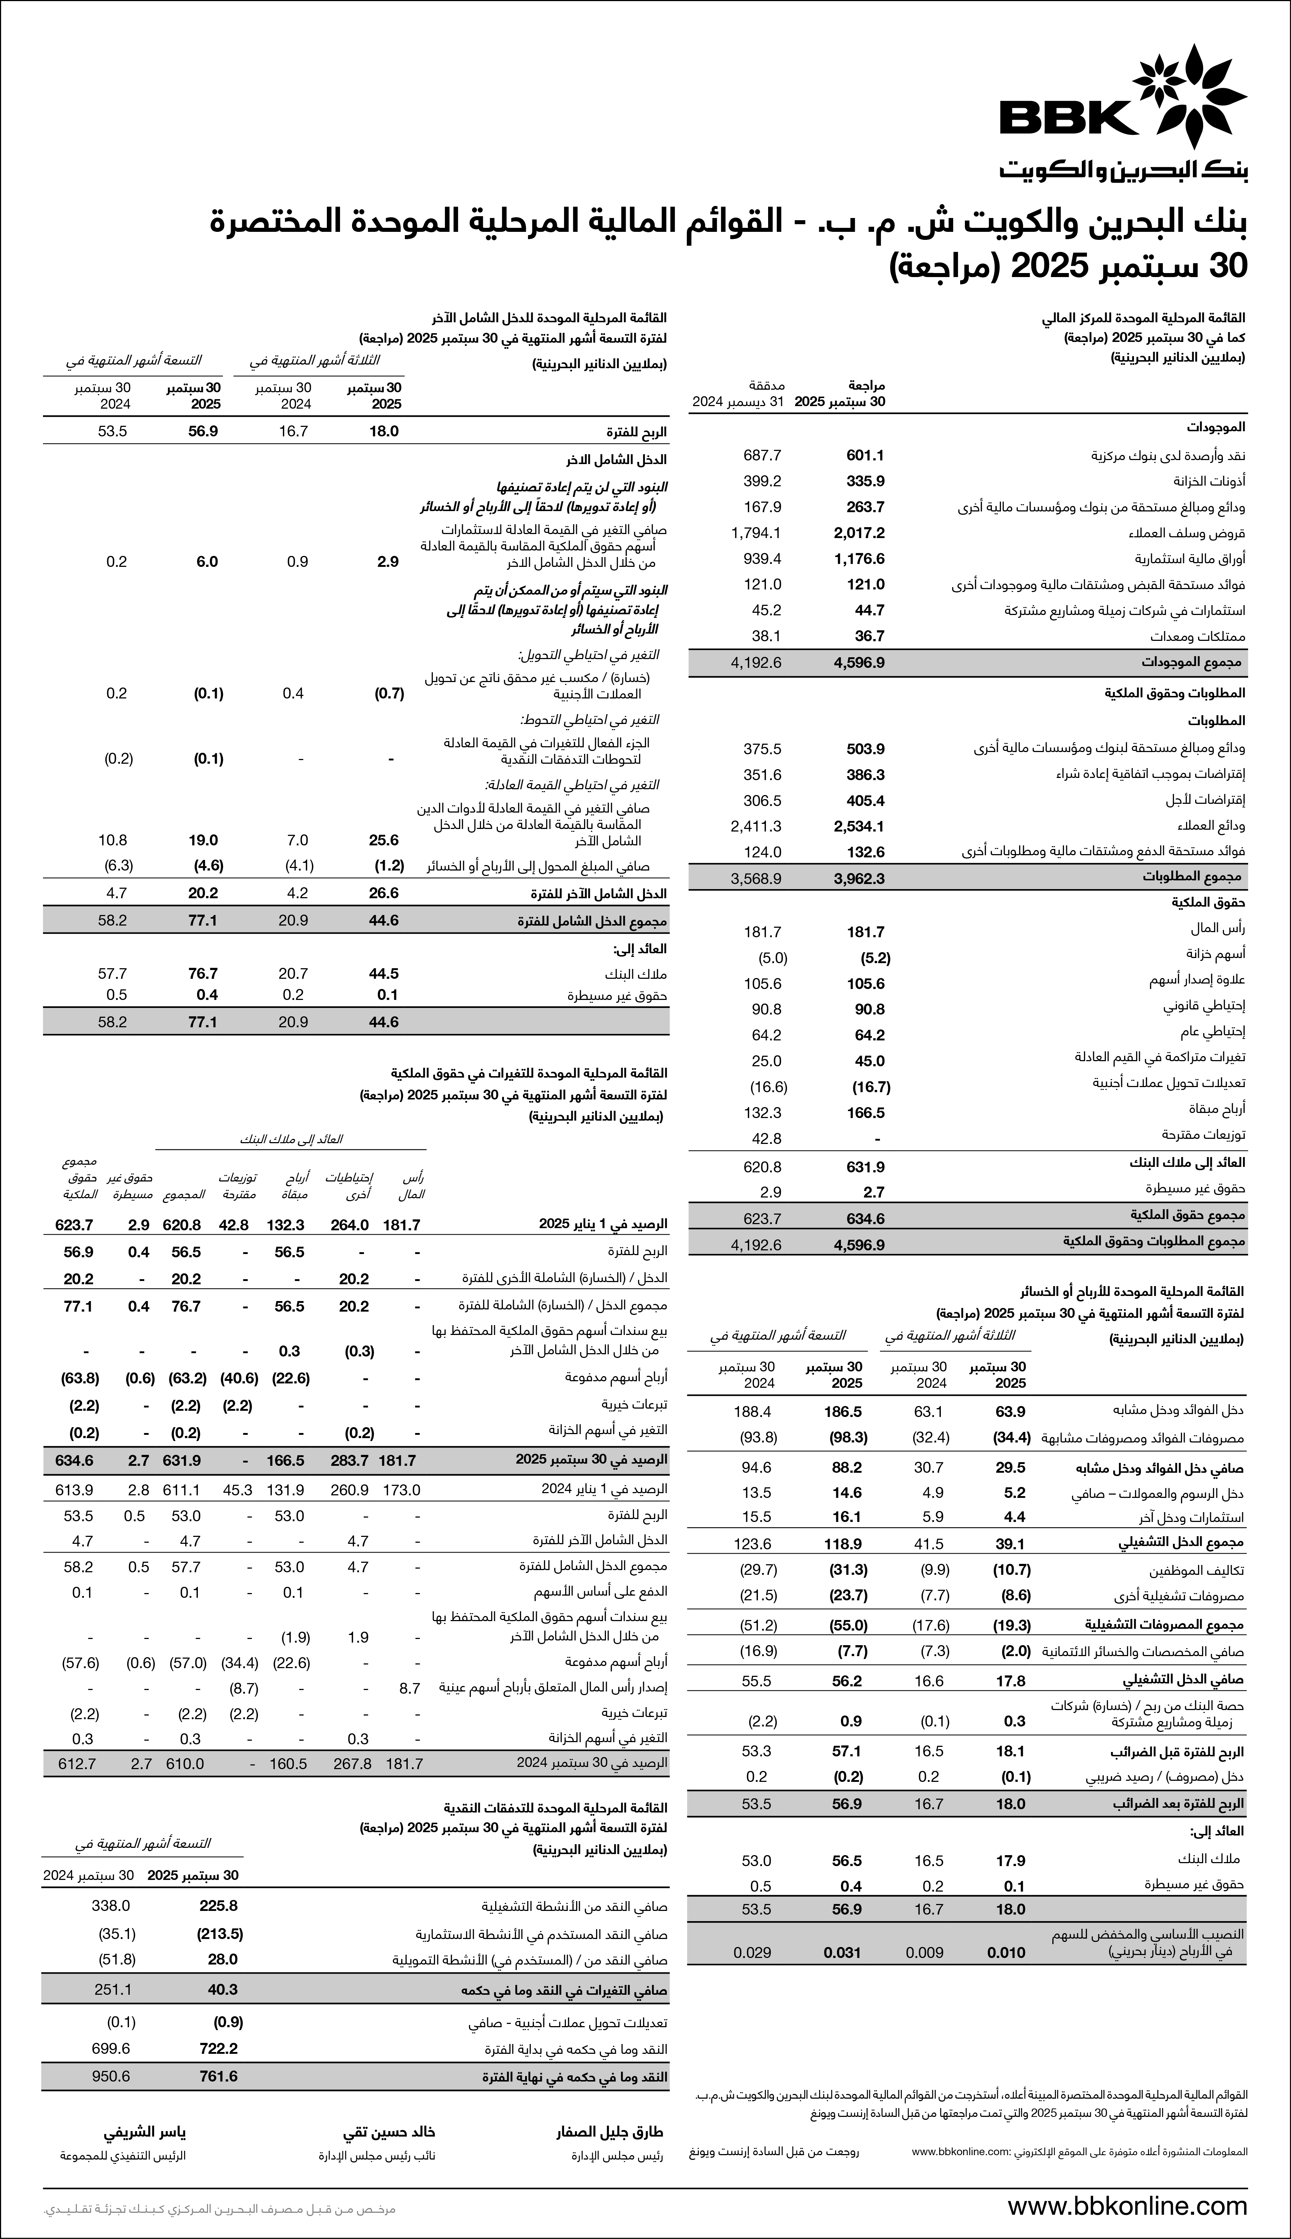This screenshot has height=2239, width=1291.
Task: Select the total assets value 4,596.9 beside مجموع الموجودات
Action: click(859, 662)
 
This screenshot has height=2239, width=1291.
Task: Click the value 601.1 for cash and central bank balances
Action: click(865, 455)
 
